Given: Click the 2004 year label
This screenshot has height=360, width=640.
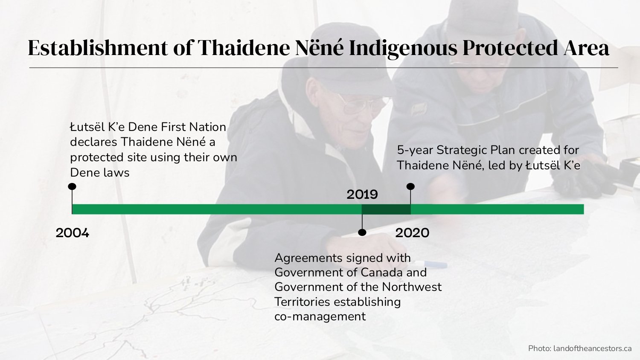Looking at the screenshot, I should point(72,233).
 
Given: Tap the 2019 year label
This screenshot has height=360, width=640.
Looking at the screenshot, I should point(362,195).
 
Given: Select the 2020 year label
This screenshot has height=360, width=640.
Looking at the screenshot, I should point(412,233).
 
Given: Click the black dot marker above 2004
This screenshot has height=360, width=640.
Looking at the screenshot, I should point(72,186).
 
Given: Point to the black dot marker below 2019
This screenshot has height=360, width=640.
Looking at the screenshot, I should point(362,232).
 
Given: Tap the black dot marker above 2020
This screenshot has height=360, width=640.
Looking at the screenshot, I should point(410,186).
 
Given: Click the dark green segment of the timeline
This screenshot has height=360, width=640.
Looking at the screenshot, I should point(386,209).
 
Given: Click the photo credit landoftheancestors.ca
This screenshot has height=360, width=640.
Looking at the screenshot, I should point(592,348).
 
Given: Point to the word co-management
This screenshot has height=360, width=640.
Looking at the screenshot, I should point(320,316).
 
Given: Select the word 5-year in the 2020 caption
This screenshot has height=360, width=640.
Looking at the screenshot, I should point(415,150).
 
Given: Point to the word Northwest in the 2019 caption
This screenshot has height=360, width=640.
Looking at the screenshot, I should point(411,287).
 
